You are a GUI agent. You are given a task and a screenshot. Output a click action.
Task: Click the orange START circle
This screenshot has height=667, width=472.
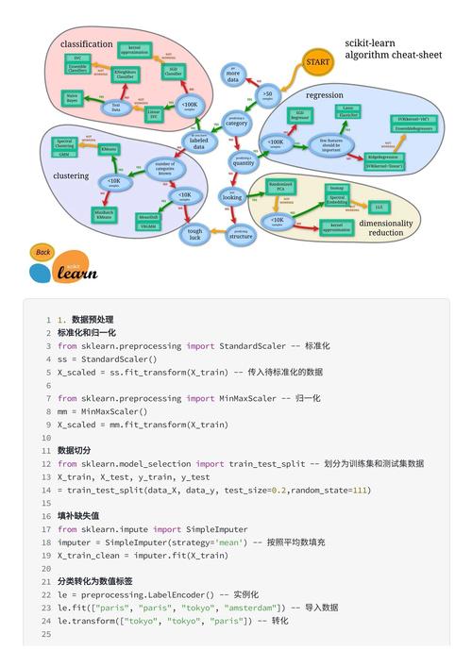(x=316, y=62)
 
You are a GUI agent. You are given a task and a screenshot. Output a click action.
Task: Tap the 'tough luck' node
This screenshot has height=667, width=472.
(x=194, y=235)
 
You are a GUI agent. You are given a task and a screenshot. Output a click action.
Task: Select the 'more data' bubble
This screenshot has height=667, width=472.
(x=233, y=75)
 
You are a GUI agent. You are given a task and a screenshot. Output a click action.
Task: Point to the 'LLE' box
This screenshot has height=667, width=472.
(x=379, y=206)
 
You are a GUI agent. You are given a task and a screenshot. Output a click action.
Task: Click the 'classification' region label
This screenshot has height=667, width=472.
(x=87, y=43)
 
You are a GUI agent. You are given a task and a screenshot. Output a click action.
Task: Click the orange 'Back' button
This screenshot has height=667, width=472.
(x=42, y=252)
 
